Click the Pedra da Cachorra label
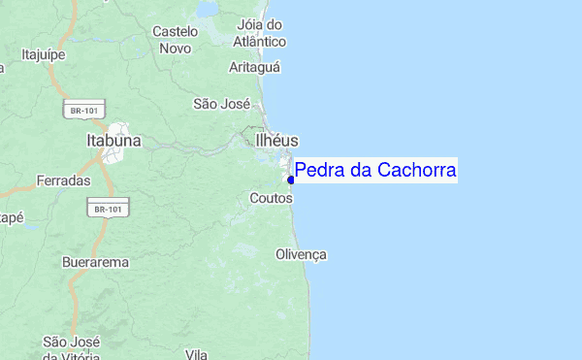(x=375, y=171)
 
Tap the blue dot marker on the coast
(x=291, y=180)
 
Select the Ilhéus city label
(x=276, y=141)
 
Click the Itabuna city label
(x=113, y=141)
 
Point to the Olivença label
(x=302, y=254)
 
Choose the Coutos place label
(x=270, y=198)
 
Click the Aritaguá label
(x=254, y=67)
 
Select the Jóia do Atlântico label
(x=260, y=33)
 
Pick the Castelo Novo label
(x=175, y=39)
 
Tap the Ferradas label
(x=63, y=180)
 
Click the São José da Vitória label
(x=70, y=347)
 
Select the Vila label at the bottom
(x=197, y=354)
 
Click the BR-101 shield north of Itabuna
(x=83, y=111)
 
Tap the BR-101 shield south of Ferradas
(x=108, y=209)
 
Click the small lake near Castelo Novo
(x=209, y=11)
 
